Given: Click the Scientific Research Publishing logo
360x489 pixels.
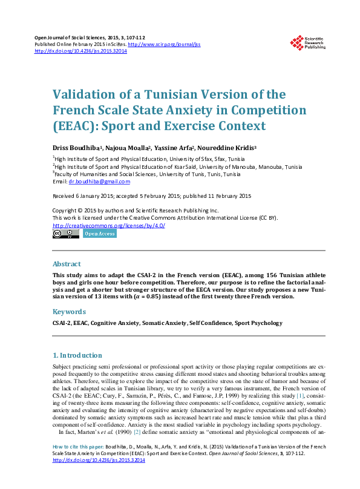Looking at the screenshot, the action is pos(308,43).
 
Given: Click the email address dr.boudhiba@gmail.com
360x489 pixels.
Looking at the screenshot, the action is pos(99,181).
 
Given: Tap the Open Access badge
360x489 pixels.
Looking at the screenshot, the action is pos(99,234).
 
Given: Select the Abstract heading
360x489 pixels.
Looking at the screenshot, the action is pos(67,264).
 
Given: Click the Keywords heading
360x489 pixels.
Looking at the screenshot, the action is pos(70,312).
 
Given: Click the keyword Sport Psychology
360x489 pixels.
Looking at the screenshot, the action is pos(258,323).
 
